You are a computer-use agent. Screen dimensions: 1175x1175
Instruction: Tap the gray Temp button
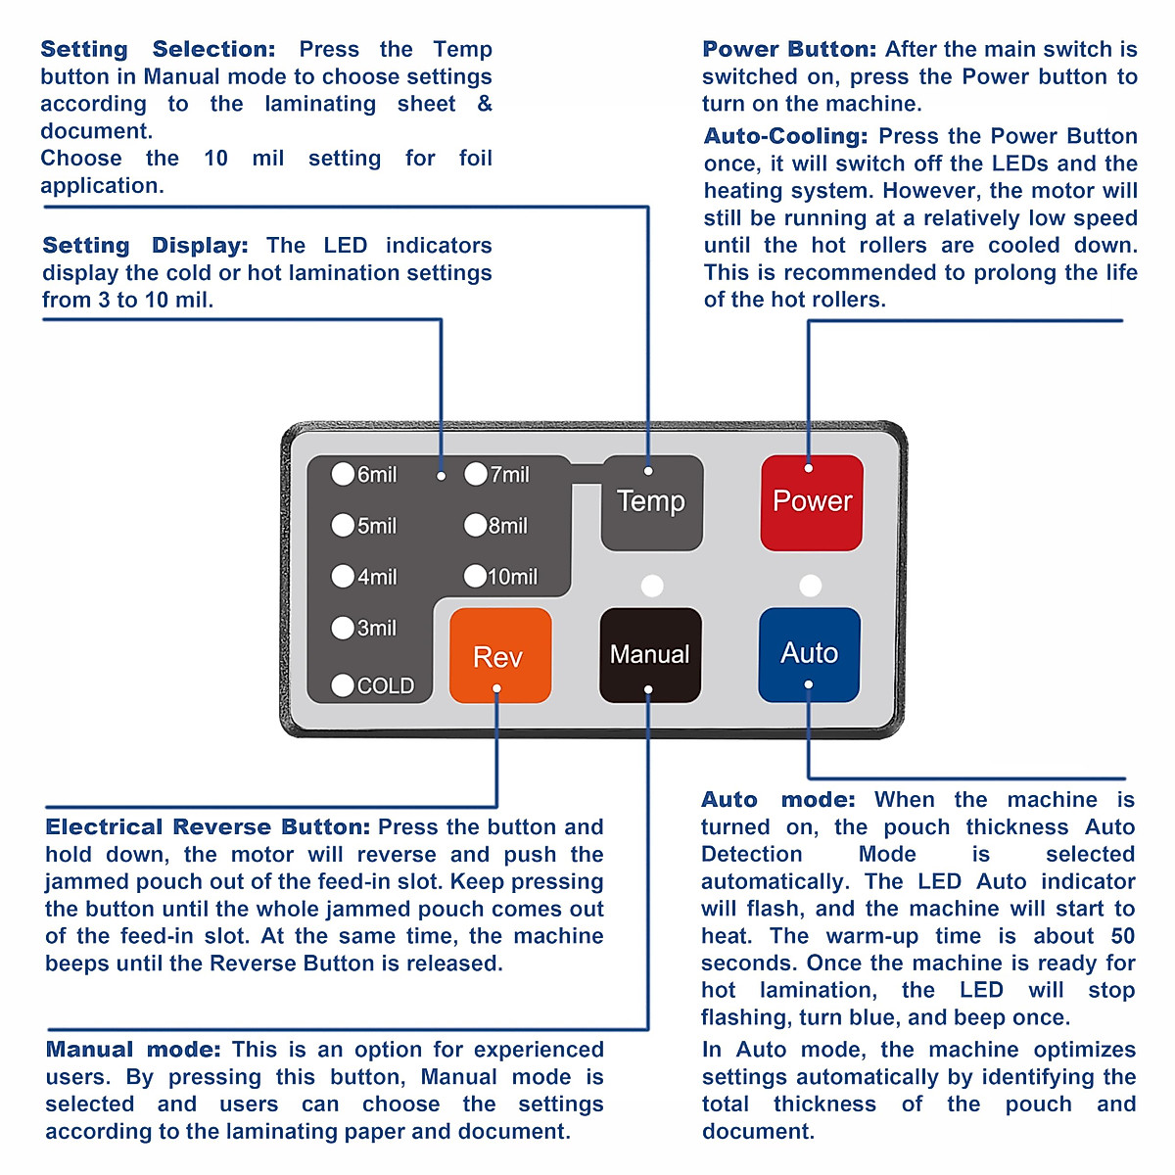click(x=651, y=502)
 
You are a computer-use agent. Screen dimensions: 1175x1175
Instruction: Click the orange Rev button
click(x=499, y=655)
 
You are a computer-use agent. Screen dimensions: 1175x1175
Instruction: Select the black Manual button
click(x=650, y=654)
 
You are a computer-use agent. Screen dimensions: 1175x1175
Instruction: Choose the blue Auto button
click(x=809, y=653)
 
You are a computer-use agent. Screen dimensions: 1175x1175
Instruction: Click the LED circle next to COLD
click(x=343, y=685)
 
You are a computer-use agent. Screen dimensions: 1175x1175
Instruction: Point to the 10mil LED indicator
click(x=475, y=576)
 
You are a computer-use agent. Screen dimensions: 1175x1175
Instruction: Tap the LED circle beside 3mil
click(x=343, y=628)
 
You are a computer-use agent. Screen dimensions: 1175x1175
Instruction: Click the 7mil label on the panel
click(x=510, y=475)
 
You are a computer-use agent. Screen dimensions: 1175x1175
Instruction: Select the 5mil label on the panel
click(x=377, y=526)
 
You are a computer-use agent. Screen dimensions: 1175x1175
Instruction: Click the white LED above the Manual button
click(x=651, y=586)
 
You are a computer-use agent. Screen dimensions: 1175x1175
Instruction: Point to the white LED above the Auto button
click(x=810, y=586)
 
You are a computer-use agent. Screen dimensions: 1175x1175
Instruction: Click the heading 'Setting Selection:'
click(x=158, y=49)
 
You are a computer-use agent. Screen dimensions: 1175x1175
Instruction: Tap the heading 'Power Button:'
click(x=789, y=49)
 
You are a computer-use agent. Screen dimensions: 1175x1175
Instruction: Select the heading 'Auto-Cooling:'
click(x=785, y=136)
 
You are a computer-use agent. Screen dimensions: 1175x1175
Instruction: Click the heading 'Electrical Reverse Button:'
click(x=208, y=826)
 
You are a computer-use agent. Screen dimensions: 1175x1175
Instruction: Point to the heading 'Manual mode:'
click(x=133, y=1050)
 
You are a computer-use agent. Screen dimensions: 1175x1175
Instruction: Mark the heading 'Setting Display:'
click(x=145, y=245)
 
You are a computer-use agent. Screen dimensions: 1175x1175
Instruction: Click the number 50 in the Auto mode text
click(x=1122, y=936)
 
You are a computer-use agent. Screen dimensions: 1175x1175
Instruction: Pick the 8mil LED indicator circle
click(x=475, y=526)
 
